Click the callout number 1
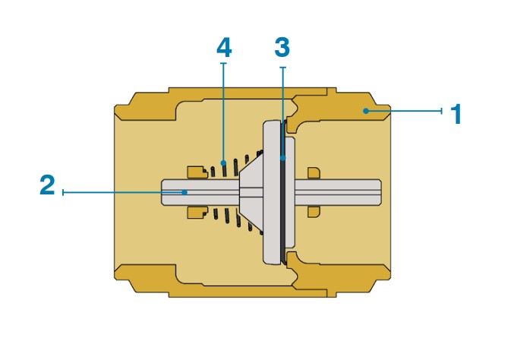[x=456, y=114]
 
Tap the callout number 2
[x=47, y=185]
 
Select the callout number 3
[x=282, y=47]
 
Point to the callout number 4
[x=224, y=47]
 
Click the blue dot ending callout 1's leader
[x=366, y=111]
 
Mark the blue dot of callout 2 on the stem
[x=185, y=192]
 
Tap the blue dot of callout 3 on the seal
[x=283, y=158]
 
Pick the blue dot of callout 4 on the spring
[x=223, y=163]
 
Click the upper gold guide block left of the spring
[x=197, y=172]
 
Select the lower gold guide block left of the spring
[x=197, y=213]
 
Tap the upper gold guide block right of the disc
[x=314, y=173]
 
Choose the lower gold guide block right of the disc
[x=314, y=212]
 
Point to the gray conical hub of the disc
[x=251, y=192]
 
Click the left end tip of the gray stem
[x=162, y=192]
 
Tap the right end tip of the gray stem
[x=381, y=192]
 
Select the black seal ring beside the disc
[x=283, y=193]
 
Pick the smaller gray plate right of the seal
[x=290, y=193]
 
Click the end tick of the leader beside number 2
[x=63, y=192]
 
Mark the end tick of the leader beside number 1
[x=442, y=111]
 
